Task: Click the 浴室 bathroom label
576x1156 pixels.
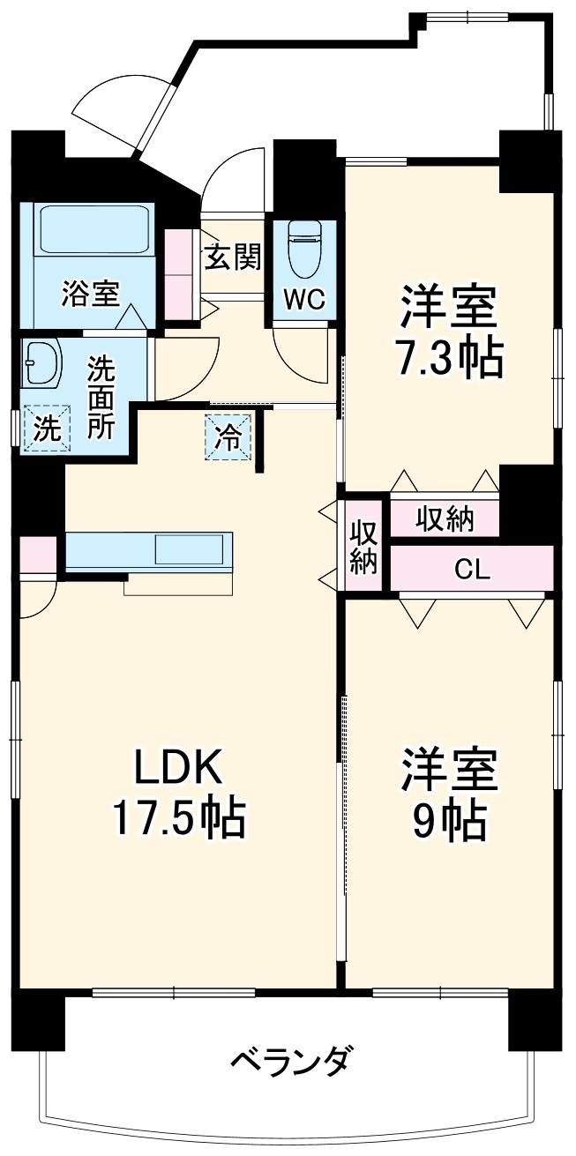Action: pos(90,294)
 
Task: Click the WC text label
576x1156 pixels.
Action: pos(304,299)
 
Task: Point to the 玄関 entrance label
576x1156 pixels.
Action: pos(233,257)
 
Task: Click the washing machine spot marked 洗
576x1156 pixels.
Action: pos(47,429)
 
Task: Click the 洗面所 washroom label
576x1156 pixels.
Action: pos(100,398)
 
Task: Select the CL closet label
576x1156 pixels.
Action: pos(472,571)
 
